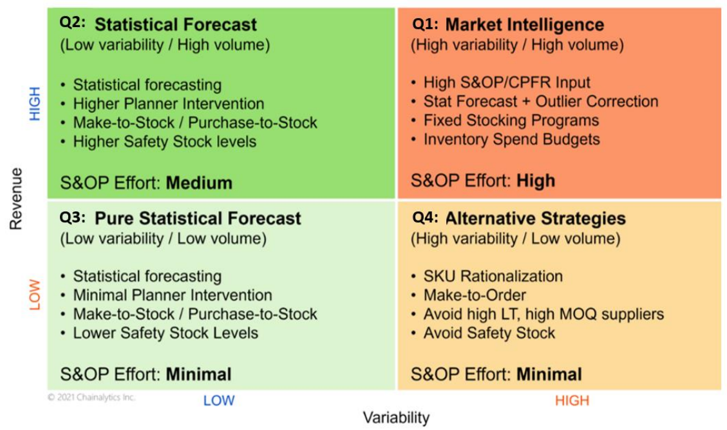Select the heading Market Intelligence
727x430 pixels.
point(524,25)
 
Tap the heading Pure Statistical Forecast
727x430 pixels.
point(198,218)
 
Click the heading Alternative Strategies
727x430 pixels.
point(535,218)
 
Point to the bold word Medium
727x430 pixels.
point(199,183)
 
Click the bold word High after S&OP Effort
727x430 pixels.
point(535,181)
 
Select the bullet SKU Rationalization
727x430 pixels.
point(493,277)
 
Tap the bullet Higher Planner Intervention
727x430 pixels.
point(168,104)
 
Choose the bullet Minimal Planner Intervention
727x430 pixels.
point(172,295)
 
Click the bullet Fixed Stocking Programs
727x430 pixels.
point(511,121)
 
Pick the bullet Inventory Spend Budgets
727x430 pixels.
point(511,139)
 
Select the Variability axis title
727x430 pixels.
point(395,418)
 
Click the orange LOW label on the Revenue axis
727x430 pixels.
point(35,295)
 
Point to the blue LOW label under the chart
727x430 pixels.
point(219,400)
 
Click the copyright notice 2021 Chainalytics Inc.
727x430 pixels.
point(91,398)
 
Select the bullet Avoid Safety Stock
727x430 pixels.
point(489,333)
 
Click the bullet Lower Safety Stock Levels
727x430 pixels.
point(165,333)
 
